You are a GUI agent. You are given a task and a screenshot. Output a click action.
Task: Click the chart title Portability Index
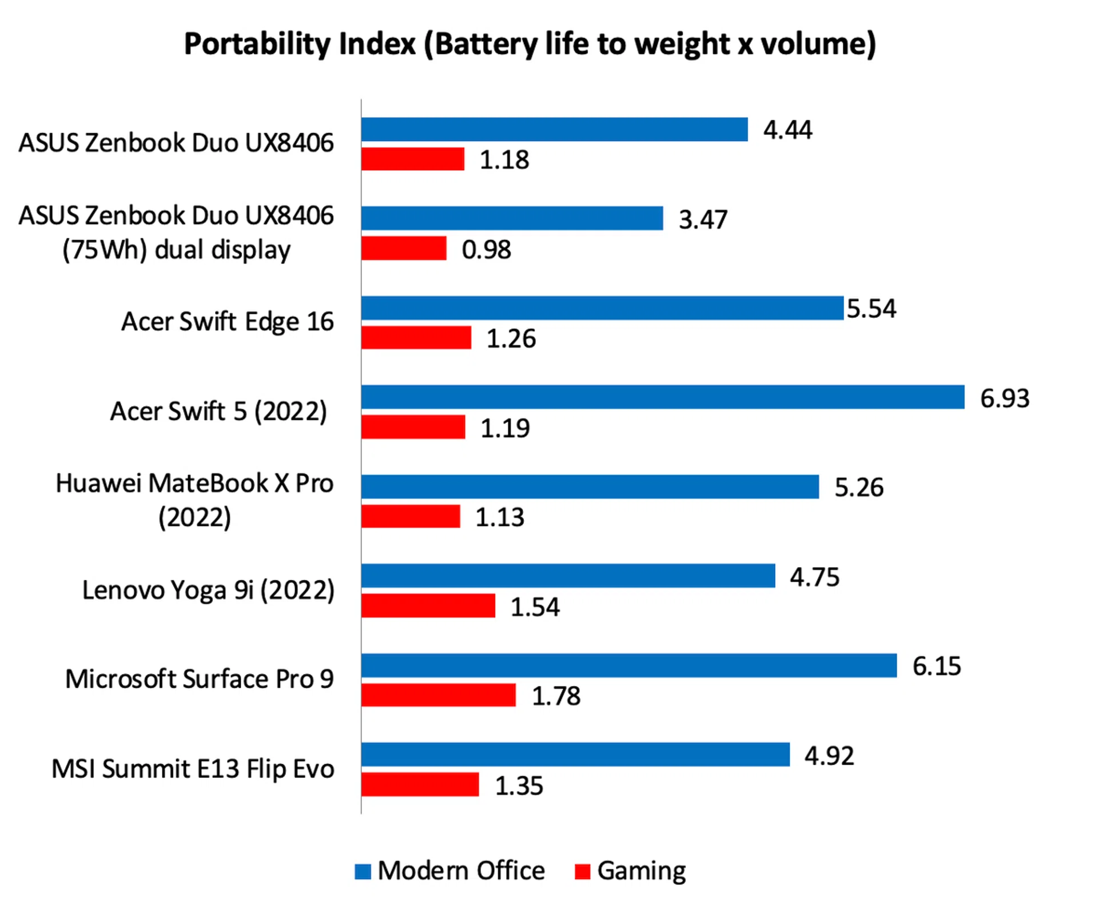(x=530, y=44)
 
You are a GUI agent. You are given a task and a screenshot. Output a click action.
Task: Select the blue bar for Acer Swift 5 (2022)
(x=662, y=397)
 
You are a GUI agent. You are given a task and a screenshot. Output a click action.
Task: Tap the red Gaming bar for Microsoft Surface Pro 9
(x=438, y=695)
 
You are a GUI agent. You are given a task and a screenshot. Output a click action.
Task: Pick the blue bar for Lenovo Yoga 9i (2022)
(x=568, y=576)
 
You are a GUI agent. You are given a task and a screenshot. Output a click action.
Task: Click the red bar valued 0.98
(x=404, y=249)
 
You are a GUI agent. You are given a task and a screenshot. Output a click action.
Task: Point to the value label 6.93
(x=1004, y=398)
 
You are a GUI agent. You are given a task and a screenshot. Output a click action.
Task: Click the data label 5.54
(x=871, y=309)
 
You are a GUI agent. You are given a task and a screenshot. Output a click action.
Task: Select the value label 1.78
(x=556, y=696)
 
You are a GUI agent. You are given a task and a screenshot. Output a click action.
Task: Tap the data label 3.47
(x=703, y=219)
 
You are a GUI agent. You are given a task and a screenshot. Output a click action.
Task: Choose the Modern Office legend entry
(x=461, y=871)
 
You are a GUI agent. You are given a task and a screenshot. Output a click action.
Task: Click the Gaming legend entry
(x=641, y=871)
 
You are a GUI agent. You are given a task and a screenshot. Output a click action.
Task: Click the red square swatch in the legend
(x=582, y=872)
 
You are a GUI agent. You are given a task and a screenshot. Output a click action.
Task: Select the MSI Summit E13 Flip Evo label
(x=193, y=769)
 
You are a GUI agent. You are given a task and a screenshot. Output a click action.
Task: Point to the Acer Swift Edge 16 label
(x=227, y=321)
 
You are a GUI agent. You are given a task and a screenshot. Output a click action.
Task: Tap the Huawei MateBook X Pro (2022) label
(x=194, y=500)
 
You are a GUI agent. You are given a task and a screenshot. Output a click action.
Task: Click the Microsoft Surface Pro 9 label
(x=199, y=679)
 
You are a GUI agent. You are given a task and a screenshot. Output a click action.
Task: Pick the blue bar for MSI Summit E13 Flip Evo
(x=575, y=755)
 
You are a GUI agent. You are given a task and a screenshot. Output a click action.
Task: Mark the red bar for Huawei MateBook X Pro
(x=411, y=516)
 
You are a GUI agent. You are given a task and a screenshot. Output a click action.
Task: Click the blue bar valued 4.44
(x=554, y=129)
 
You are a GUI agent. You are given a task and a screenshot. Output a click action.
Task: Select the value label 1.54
(x=535, y=607)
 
